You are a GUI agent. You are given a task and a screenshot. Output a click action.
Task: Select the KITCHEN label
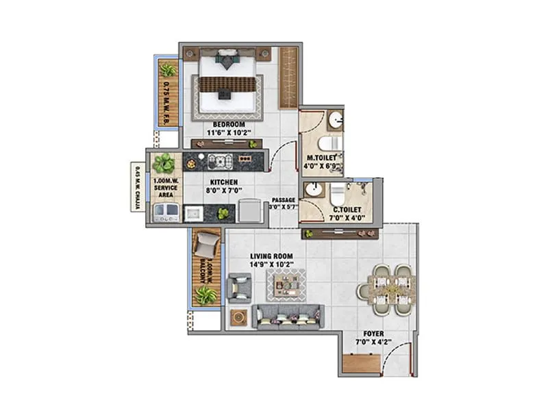pyautogui.click(x=223, y=182)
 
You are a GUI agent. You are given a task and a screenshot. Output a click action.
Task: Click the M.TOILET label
pyautogui.click(x=321, y=156)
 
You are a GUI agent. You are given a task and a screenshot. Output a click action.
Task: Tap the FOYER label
pyautogui.click(x=373, y=334)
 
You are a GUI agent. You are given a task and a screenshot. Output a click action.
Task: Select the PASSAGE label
pyautogui.click(x=282, y=200)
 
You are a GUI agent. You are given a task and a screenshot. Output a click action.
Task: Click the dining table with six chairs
pyautogui.click(x=388, y=290)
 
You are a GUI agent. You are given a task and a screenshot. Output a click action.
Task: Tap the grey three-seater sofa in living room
pyautogui.click(x=288, y=316)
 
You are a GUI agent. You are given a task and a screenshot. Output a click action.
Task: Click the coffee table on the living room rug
pyautogui.click(x=286, y=284)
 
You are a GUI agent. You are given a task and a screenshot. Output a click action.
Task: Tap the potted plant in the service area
pyautogui.click(x=164, y=163)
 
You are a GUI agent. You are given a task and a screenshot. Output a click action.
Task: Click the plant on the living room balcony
pyautogui.click(x=205, y=295)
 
